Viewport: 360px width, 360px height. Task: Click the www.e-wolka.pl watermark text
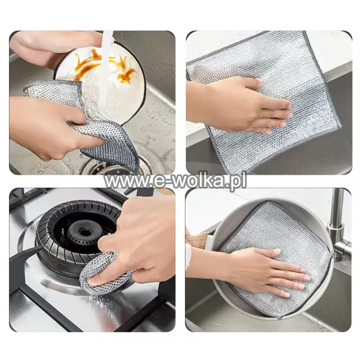(175, 181)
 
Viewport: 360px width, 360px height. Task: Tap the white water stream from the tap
(105, 69)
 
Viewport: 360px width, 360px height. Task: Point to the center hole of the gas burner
(86, 232)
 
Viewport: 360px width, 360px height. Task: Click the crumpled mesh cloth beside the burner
(103, 273)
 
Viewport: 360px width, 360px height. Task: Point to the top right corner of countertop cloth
(306, 31)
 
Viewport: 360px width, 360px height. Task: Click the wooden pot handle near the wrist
(197, 239)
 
